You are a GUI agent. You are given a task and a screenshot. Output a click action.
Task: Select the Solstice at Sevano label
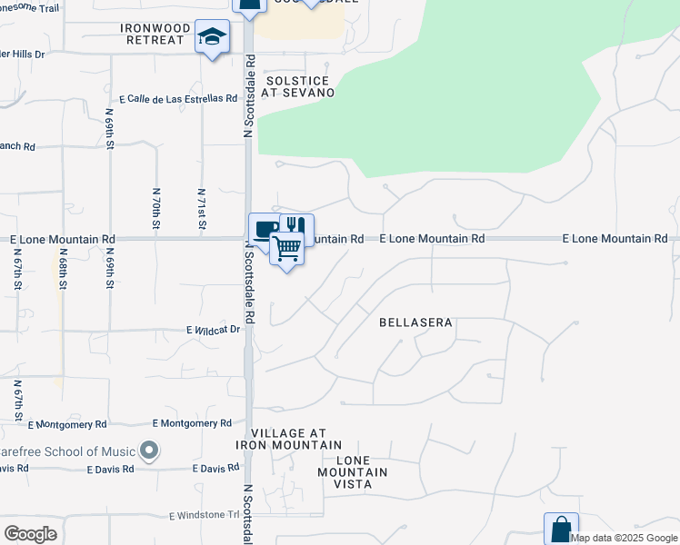[x=298, y=86]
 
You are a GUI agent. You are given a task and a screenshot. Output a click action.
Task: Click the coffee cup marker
[x=264, y=228]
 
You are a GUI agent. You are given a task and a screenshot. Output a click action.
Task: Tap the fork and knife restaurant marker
[x=296, y=225]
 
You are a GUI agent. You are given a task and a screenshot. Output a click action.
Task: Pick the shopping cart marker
[x=287, y=247]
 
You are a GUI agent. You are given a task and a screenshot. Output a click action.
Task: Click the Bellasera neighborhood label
[x=415, y=322]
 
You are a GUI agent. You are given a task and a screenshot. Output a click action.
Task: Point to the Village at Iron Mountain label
[x=289, y=440]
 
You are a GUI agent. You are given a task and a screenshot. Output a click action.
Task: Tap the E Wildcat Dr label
[x=213, y=330]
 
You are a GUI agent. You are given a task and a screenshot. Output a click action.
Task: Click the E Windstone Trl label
[x=203, y=516]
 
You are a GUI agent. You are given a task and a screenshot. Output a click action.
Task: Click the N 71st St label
[x=202, y=209]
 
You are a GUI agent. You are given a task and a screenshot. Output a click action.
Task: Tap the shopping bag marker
[x=561, y=528]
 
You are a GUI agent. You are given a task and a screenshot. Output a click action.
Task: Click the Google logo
[x=30, y=534]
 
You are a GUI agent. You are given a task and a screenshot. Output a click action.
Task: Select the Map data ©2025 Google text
[x=624, y=538]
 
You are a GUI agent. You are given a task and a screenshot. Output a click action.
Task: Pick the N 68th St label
[x=63, y=270]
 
